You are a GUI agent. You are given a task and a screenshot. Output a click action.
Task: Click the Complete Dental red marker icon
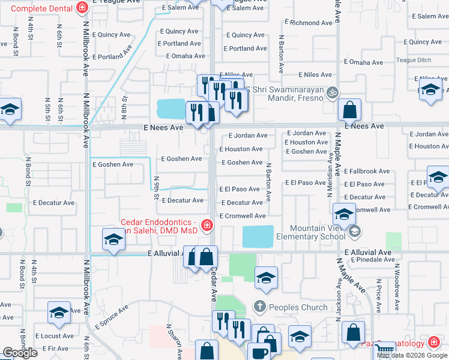click(x=82, y=8)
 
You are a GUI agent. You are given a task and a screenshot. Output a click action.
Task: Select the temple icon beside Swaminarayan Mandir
click(x=334, y=92)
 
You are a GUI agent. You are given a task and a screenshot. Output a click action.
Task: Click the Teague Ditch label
click(x=414, y=59)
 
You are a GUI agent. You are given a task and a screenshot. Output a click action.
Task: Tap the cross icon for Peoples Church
click(x=259, y=307)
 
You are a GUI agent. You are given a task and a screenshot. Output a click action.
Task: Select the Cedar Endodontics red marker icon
click(x=206, y=226)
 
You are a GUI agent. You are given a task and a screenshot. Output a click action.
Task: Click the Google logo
click(x=20, y=353)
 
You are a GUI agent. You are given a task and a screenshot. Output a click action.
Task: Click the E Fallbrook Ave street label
click(x=368, y=171)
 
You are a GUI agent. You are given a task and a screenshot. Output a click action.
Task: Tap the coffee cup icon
click(x=259, y=353)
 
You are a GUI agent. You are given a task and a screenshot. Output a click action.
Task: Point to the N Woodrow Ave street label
click(x=397, y=292)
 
